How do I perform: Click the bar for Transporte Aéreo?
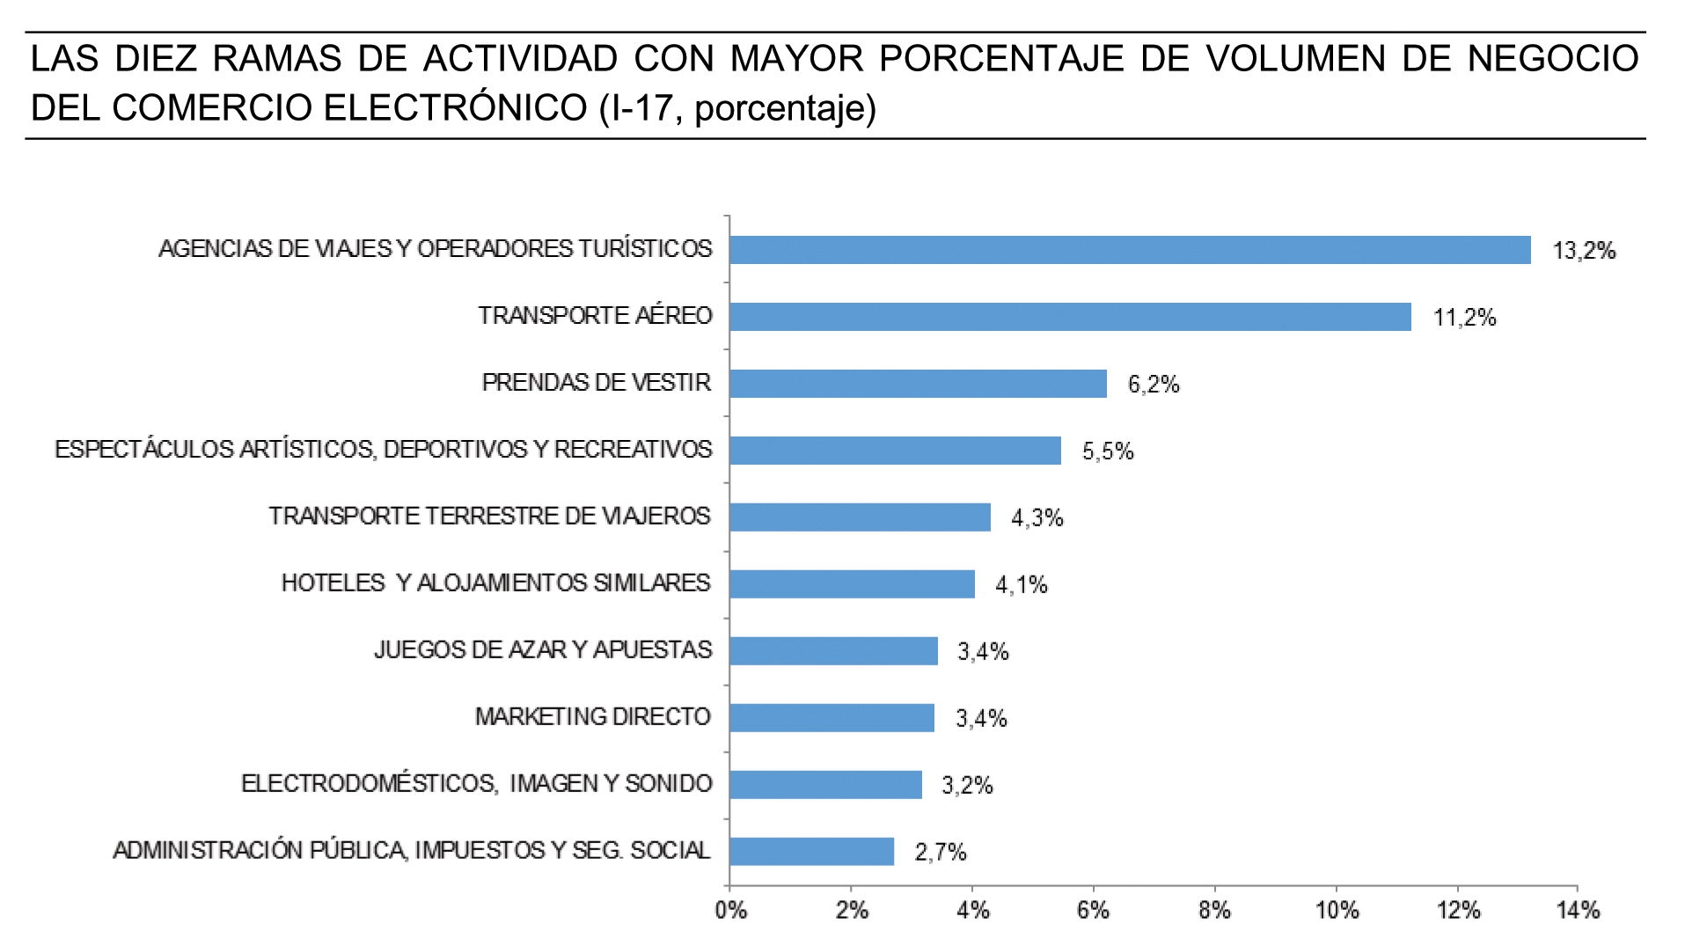1069,317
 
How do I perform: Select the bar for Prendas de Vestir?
918,384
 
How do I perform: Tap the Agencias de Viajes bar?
1130,250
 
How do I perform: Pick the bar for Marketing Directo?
832,718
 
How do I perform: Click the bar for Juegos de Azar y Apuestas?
833,651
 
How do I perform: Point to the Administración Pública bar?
811,852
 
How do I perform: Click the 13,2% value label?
1584,252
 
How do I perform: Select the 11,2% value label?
1464,318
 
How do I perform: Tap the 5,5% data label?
1108,451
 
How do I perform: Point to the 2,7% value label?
941,852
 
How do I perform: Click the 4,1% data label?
1021,585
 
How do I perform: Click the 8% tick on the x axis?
1214,911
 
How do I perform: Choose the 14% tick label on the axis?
1578,911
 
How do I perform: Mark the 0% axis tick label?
730,911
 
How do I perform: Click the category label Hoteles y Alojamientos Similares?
495,583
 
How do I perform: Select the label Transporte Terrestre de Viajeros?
489,517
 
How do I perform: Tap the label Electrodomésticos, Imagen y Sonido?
476,784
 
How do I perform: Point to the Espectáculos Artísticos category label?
383,450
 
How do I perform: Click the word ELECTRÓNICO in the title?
457,108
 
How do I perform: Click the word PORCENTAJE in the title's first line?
1001,59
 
